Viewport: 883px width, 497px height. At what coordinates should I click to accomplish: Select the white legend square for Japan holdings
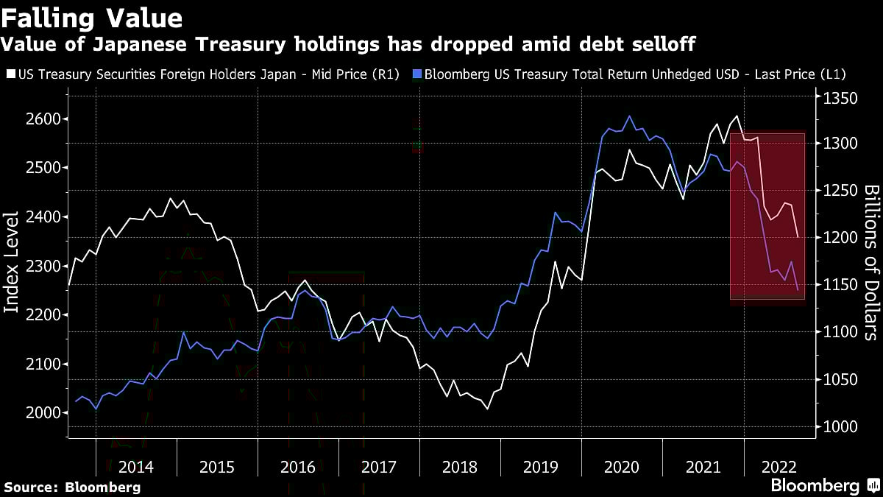pyautogui.click(x=10, y=74)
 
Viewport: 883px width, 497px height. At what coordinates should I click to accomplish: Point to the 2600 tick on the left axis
pyautogui.click(x=43, y=119)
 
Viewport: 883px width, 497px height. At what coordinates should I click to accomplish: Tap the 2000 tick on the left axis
pyautogui.click(x=43, y=413)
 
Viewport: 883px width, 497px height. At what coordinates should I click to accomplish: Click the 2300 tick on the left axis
pyautogui.click(x=43, y=266)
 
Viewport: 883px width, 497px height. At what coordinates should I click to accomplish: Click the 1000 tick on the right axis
pyautogui.click(x=840, y=427)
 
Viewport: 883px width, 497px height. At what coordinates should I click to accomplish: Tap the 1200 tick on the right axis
pyautogui.click(x=840, y=237)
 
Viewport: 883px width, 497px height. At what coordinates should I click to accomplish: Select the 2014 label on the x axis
pyautogui.click(x=136, y=467)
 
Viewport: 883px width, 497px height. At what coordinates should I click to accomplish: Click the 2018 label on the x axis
pyautogui.click(x=460, y=467)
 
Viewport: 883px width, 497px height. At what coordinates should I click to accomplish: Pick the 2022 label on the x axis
pyautogui.click(x=779, y=467)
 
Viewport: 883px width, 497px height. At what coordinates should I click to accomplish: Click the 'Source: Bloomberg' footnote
pyautogui.click(x=72, y=487)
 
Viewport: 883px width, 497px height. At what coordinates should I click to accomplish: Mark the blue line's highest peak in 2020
pyautogui.click(x=629, y=116)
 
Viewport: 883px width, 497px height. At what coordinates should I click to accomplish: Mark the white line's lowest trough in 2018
pyautogui.click(x=487, y=409)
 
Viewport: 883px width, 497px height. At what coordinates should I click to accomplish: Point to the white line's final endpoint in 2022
pyautogui.click(x=798, y=237)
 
